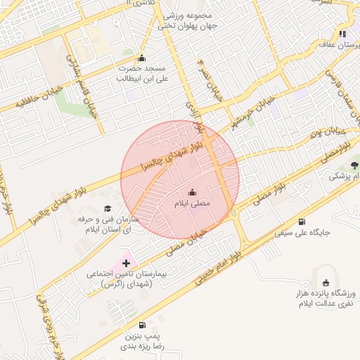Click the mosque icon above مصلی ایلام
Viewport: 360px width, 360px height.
tap(193, 193)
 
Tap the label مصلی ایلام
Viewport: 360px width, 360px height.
tap(193, 203)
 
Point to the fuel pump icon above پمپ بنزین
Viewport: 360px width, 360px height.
tap(143, 325)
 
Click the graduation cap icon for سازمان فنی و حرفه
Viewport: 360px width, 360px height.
tap(108, 208)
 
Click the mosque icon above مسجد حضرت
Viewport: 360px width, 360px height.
tap(143, 58)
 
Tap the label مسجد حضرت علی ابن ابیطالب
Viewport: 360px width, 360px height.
tap(143, 75)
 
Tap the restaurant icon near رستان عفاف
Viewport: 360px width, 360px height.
tap(342, 33)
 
